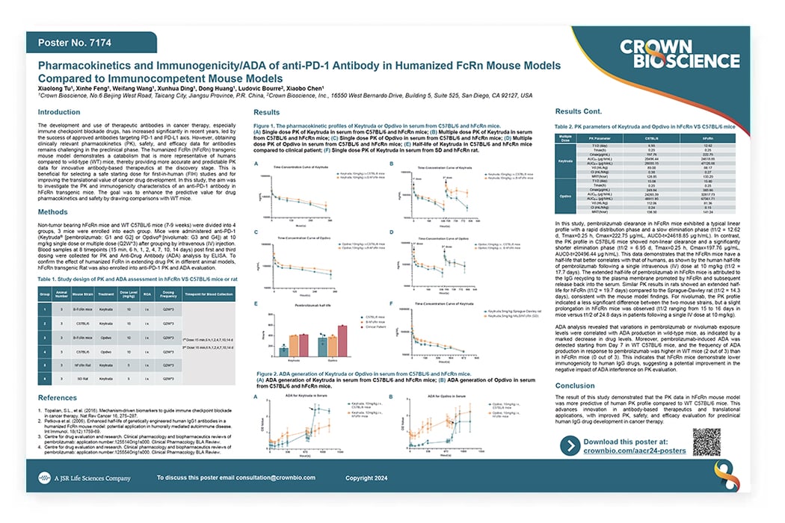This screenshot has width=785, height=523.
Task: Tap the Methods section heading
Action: pos(55,212)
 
